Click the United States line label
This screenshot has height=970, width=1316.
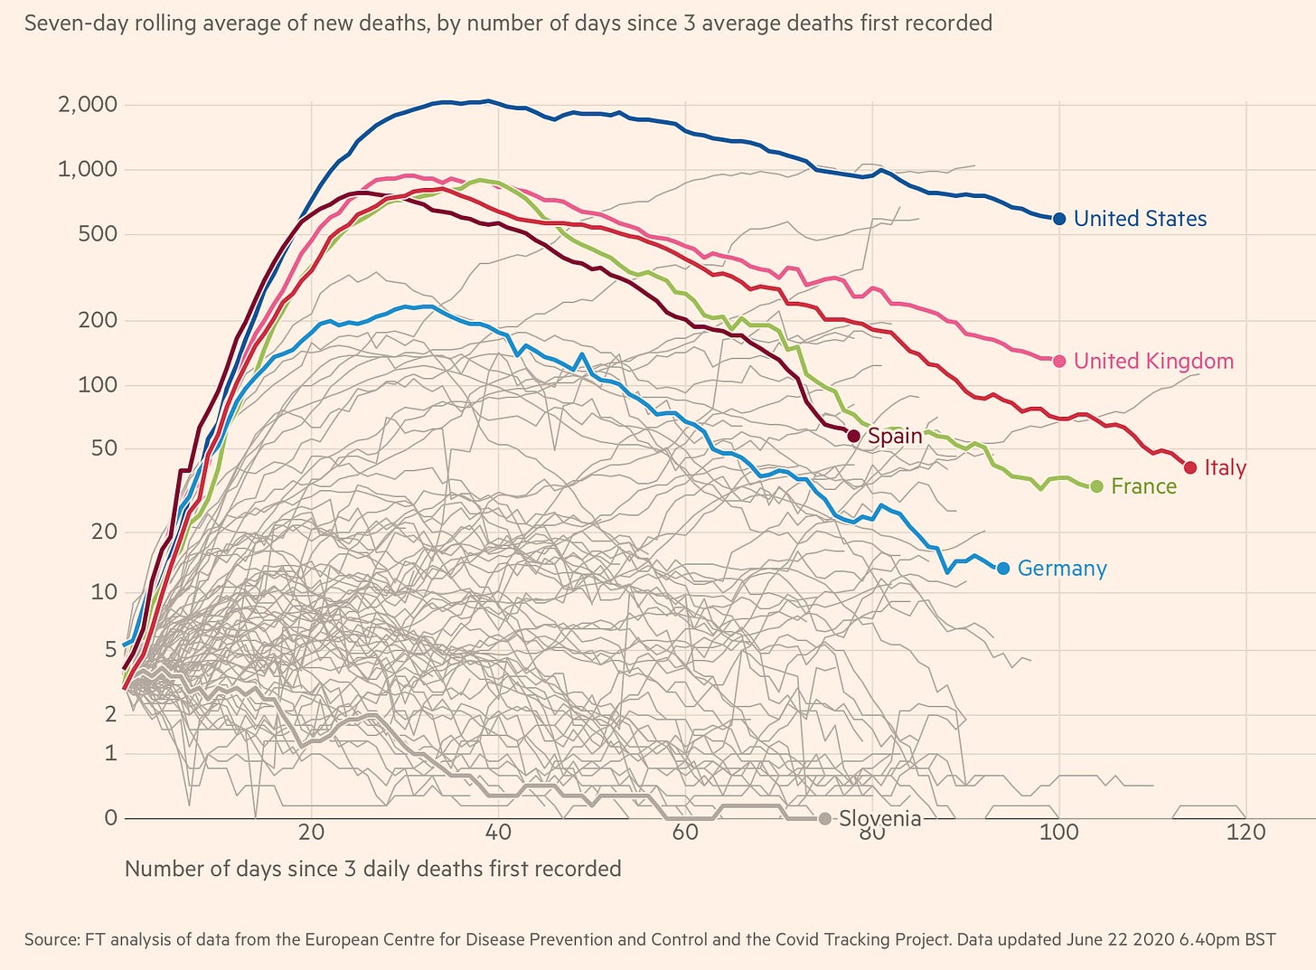[x=1140, y=219]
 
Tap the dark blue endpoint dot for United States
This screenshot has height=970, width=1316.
[x=1059, y=219]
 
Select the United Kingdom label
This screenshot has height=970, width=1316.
[x=1153, y=362]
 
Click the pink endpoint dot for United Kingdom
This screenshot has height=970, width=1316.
[x=1059, y=361]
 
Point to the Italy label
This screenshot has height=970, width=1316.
[x=1225, y=468]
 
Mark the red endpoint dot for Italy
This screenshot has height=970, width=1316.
[x=1190, y=467]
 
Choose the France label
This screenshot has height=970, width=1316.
[x=1143, y=486]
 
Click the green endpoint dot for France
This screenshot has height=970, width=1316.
[x=1097, y=486]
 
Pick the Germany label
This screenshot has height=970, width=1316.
[x=1062, y=569]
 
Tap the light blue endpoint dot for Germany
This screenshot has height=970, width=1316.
[x=1003, y=569]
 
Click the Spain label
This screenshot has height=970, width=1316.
[x=895, y=436]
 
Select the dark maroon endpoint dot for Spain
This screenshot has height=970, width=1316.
[x=854, y=436]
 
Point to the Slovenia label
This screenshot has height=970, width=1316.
[x=879, y=819]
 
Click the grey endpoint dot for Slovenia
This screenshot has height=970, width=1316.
[x=824, y=819]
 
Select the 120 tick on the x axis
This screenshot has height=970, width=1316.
[x=1246, y=832]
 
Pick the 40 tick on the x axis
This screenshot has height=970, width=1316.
[x=498, y=832]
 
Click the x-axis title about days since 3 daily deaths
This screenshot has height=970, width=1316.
[x=372, y=870]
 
